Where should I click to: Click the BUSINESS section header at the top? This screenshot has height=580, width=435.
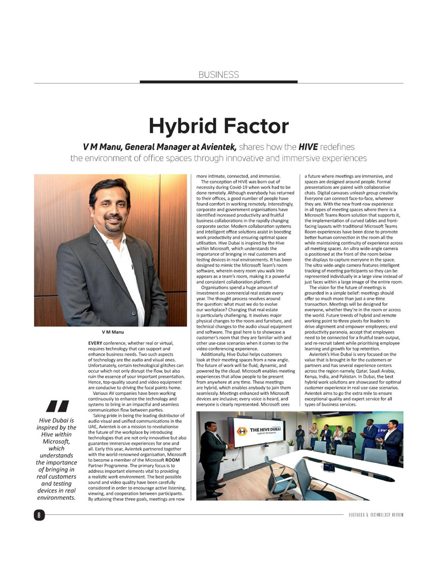(x=218, y=74)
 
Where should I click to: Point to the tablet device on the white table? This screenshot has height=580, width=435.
(x=330, y=467)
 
